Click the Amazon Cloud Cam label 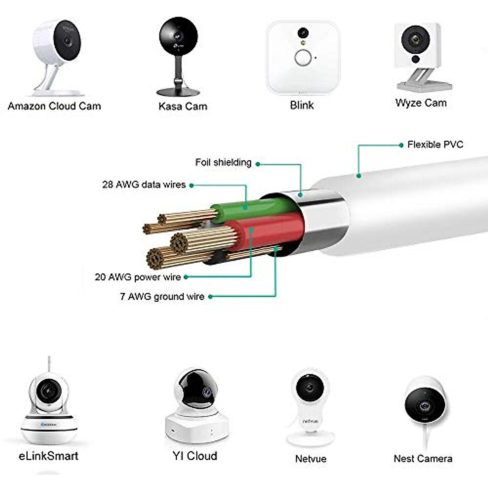pos(54,107)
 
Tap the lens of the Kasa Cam pos(178,36)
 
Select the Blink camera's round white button pos(303,58)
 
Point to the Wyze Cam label pos(421,103)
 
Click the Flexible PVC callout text pos(435,145)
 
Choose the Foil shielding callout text pos(223,163)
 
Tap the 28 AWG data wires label pos(144,185)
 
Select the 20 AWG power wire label pos(138,277)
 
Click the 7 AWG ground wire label pos(162,296)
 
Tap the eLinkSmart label pos(48,456)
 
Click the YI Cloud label pos(195,456)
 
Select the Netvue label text pos(311,459)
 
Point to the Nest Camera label pos(423,459)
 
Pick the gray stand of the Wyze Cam pos(423,80)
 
